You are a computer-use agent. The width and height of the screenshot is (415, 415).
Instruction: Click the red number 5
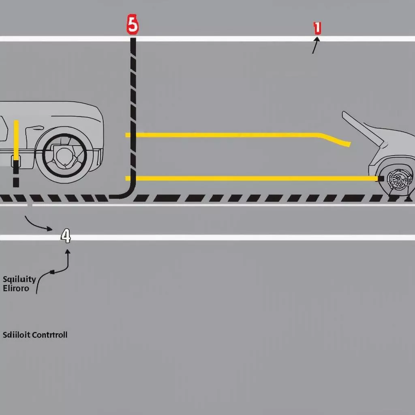point(133,26)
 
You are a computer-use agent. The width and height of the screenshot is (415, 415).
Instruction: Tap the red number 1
point(317,28)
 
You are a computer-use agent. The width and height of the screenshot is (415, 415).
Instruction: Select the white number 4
point(66,236)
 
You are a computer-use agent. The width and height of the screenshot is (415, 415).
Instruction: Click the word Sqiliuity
point(19,279)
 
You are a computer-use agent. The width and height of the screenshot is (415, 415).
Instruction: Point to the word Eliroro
point(16,289)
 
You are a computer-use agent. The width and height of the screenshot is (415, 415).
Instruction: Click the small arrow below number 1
point(315,45)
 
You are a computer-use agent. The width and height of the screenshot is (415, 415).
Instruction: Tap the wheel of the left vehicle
point(62,158)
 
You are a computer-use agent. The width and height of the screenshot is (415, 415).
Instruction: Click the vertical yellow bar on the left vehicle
point(16,140)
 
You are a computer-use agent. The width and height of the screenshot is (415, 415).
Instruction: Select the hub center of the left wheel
point(63,156)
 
